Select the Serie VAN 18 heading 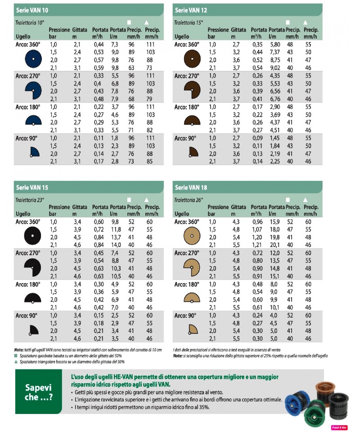[191, 187]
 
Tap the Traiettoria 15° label [188, 22]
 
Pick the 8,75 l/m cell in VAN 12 [275, 59]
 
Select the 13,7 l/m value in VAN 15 [117, 237]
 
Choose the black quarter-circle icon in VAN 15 [32, 330]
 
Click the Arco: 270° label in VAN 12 [187, 76]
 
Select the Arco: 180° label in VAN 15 [28, 284]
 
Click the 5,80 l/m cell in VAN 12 [275, 45]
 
